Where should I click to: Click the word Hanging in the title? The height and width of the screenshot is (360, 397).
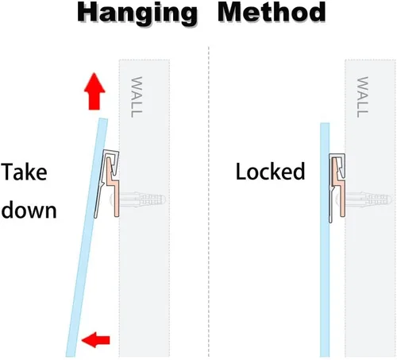(137, 14)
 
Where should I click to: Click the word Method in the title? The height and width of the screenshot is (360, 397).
(272, 12)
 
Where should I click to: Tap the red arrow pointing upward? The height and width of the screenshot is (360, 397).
(94, 91)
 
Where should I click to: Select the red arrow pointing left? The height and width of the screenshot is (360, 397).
(95, 339)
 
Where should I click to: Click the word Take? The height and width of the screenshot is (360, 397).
(24, 172)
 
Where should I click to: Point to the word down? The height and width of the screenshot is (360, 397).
(29, 211)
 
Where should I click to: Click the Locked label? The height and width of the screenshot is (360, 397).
(270, 172)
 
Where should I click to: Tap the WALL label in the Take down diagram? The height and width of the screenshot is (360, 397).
(137, 97)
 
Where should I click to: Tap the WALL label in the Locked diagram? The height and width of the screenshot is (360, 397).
(362, 97)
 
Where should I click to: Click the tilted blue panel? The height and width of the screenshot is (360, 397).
(87, 238)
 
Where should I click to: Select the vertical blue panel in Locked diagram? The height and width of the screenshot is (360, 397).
(325, 240)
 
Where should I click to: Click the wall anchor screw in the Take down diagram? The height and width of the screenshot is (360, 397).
(138, 199)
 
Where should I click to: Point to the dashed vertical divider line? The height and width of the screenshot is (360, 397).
(209, 202)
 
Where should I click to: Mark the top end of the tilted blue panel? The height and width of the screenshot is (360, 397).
(103, 118)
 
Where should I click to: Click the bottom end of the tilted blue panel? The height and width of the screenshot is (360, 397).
(70, 356)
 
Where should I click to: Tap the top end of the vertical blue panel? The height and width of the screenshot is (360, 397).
(325, 123)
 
